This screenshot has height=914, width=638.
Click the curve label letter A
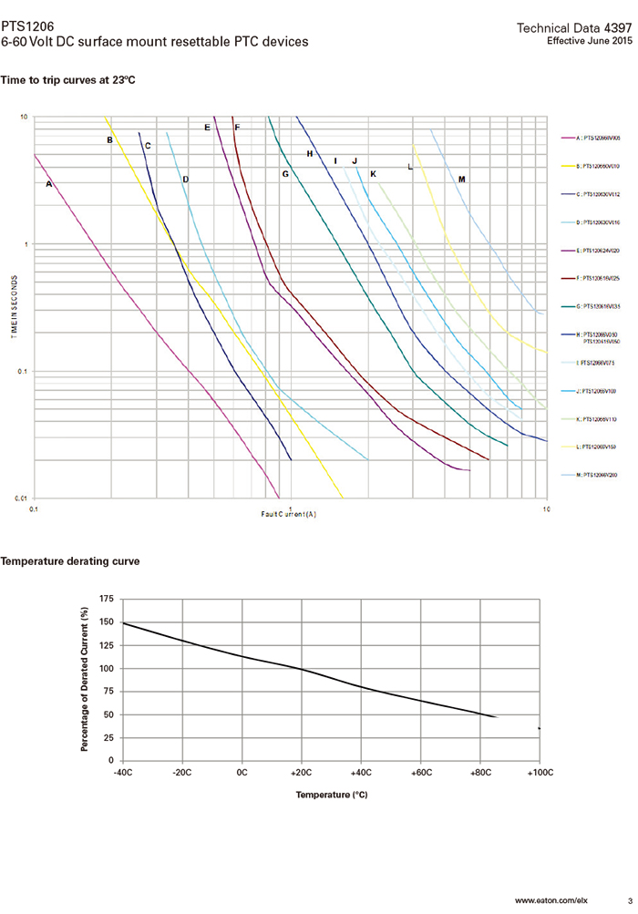(x=49, y=184)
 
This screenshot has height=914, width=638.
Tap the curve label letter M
(x=462, y=180)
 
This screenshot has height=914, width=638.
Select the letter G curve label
(x=284, y=173)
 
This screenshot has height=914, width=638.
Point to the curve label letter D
(x=185, y=180)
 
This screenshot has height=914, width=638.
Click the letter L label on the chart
(x=410, y=168)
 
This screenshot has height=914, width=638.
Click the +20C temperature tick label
(x=302, y=772)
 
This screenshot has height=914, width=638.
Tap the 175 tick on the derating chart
(x=105, y=599)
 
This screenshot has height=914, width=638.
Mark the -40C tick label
(x=123, y=772)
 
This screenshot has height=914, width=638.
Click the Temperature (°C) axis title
(x=331, y=795)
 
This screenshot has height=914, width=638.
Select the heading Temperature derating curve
(x=70, y=561)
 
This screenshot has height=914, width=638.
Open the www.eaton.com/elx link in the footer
(x=551, y=900)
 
